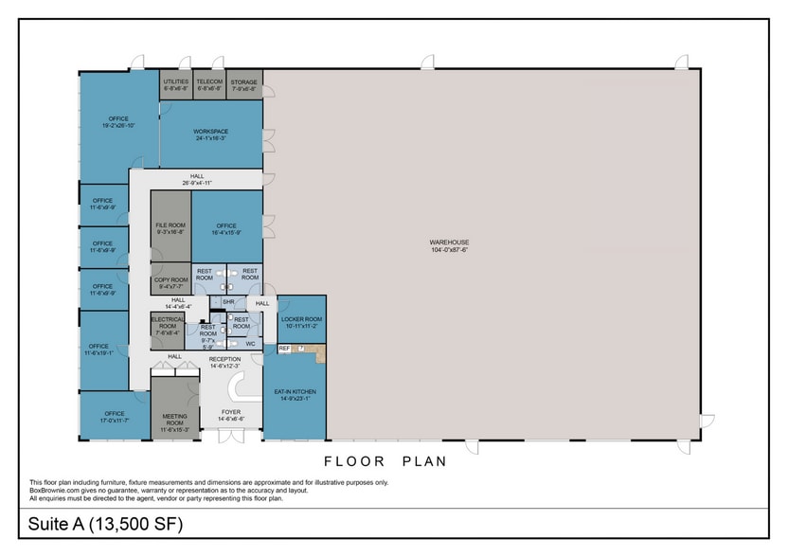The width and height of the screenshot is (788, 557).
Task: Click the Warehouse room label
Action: click(449, 246)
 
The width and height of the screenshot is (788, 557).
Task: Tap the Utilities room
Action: click(175, 84)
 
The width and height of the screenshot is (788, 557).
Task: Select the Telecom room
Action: click(208, 84)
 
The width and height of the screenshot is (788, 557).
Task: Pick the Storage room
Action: click(243, 84)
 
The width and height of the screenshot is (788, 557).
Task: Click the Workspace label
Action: click(210, 135)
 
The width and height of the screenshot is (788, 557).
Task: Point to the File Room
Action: click(170, 228)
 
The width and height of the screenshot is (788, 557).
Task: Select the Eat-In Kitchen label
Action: click(295, 394)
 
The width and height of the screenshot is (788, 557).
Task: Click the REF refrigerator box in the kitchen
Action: click(284, 349)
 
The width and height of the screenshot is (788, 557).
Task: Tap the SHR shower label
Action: click(227, 302)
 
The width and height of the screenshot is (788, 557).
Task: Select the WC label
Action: click(250, 343)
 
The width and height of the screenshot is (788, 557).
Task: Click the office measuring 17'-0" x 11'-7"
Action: click(115, 416)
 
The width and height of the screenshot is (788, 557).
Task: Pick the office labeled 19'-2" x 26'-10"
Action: click(117, 122)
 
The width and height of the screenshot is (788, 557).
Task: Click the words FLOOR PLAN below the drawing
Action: click(385, 461)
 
